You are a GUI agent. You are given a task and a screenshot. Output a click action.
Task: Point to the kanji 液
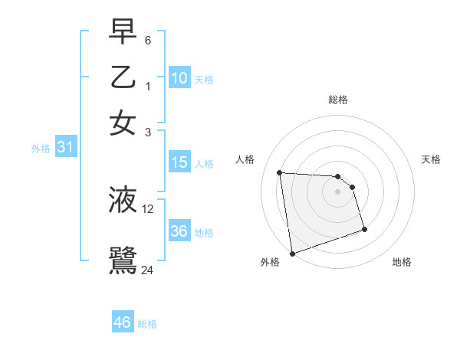coord(123,199)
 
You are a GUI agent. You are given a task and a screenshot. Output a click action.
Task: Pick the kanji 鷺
coord(123,260)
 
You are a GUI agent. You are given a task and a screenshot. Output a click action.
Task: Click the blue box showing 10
coord(179,78)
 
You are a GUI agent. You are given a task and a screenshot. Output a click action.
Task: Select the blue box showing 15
coord(179,162)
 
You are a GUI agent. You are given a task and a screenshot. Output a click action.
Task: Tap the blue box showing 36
coord(179,231)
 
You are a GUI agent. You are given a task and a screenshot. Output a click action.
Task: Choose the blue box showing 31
coord(65,148)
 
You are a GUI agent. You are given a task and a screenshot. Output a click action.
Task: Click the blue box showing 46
coord(123,322)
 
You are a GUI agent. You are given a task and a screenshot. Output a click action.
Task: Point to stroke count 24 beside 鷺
coord(147,270)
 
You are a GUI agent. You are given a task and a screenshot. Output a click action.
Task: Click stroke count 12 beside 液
coord(148,208)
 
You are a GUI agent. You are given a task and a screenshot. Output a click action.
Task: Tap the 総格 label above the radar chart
coord(338,100)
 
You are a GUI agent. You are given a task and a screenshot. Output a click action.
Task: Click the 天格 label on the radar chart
coord(432,159)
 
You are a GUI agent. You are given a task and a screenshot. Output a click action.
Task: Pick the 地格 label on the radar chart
coord(402,263)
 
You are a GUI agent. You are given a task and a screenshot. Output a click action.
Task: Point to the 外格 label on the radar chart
coord(270,263)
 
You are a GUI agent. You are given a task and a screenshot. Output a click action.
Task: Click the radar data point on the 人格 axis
coord(280,172)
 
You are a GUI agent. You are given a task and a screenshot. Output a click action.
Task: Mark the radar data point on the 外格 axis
coord(291,254)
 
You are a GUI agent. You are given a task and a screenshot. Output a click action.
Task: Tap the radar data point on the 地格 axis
coord(364,229)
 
